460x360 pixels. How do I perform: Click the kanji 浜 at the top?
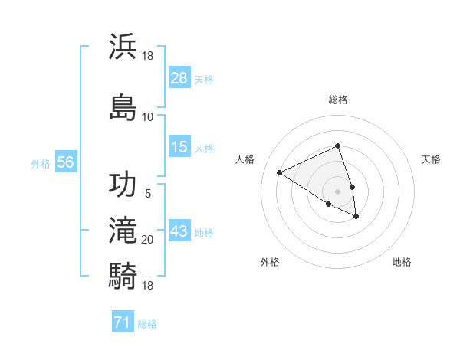(x=123, y=46)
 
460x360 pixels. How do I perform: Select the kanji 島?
(x=123, y=105)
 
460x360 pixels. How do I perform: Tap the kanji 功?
(x=123, y=185)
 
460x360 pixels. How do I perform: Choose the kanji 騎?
(x=123, y=273)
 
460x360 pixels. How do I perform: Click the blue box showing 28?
(x=179, y=78)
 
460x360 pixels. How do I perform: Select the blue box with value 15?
(x=179, y=147)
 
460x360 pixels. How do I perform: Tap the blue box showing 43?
(x=179, y=231)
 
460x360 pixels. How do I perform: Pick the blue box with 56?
(x=65, y=162)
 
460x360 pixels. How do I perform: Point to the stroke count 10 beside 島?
(x=147, y=116)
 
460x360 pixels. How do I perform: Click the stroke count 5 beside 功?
(x=148, y=194)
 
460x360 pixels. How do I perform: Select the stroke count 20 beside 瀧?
(x=147, y=240)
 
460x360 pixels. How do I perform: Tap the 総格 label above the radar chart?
(x=338, y=100)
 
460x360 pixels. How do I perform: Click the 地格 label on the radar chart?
(x=402, y=262)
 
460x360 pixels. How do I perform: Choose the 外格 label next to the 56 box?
(x=41, y=163)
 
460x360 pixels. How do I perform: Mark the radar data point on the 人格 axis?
(x=280, y=172)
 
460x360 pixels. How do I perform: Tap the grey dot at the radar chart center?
(x=338, y=191)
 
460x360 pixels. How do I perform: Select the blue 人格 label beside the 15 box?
(x=204, y=148)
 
